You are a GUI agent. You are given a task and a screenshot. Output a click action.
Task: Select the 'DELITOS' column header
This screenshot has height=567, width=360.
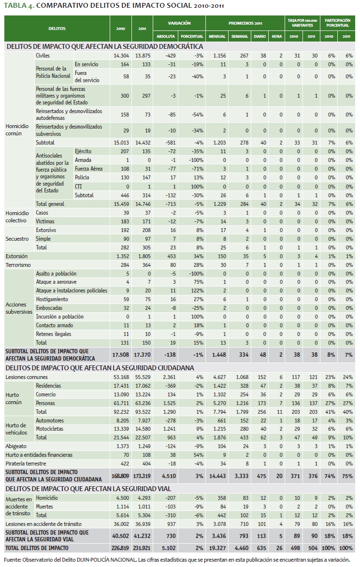pyautogui.click(x=57, y=29)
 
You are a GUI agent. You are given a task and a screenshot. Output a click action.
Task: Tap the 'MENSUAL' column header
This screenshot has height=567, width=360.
pyautogui.click(x=217, y=36)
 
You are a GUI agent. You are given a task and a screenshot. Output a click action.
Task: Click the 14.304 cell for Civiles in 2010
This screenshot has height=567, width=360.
pyautogui.click(x=121, y=56)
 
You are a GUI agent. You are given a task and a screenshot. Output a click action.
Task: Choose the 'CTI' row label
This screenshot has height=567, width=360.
pyautogui.click(x=79, y=186)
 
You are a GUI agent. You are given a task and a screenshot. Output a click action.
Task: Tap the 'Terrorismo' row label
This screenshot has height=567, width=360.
pyautogui.click(x=19, y=264)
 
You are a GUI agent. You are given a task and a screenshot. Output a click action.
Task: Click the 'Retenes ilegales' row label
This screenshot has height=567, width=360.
pyautogui.click(x=54, y=334)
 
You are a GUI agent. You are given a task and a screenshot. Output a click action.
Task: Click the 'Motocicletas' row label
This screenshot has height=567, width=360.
pyautogui.click(x=52, y=429)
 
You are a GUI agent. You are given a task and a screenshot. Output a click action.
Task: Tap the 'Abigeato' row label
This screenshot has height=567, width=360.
pyautogui.click(x=16, y=447)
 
